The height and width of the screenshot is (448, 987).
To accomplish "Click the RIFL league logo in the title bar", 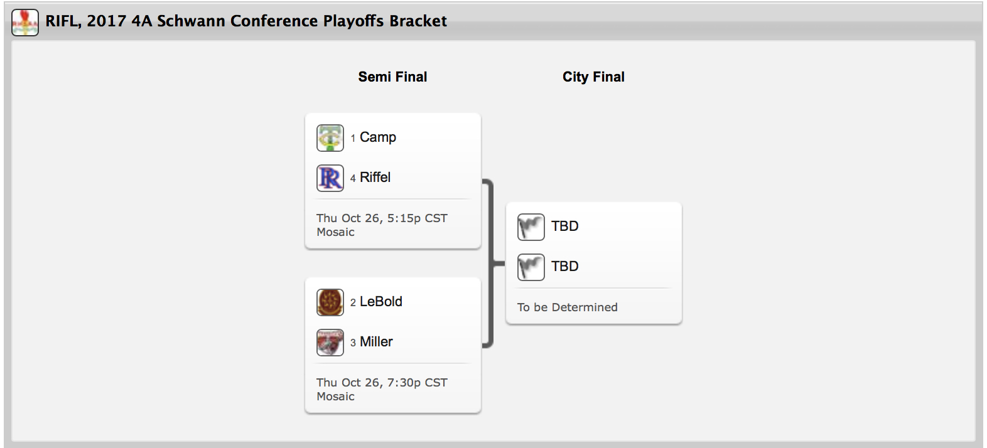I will coord(25,22).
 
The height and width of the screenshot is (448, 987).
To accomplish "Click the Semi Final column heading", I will coord(392,77).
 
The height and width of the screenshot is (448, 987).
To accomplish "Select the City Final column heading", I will coord(593,77).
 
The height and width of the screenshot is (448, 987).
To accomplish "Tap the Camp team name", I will coord(378,137).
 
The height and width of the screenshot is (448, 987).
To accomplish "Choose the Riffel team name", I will coord(375,178).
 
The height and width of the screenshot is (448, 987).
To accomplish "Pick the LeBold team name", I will coord(381,302).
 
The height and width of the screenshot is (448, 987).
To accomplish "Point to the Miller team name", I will coord(376,342).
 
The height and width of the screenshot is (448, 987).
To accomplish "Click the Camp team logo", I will coord(330,138).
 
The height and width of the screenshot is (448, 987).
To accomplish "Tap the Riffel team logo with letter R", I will coord(330,178).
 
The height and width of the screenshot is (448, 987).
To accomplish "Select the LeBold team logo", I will coord(330,302).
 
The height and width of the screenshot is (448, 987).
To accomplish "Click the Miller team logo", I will coord(330,343).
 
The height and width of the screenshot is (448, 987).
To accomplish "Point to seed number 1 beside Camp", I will coord(353,139).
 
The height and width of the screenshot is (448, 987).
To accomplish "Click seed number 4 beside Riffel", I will coord(353,179).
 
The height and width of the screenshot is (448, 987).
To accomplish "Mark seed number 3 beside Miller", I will coord(353,343).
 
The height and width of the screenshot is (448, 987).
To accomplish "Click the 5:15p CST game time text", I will coord(417,218).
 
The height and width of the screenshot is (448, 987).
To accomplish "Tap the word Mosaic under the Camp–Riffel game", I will coord(335,232).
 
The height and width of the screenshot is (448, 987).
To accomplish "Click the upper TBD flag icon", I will coord(531,227).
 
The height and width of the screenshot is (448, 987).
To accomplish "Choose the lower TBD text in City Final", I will coord(565,267).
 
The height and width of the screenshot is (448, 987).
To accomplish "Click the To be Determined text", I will coord(567,307).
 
